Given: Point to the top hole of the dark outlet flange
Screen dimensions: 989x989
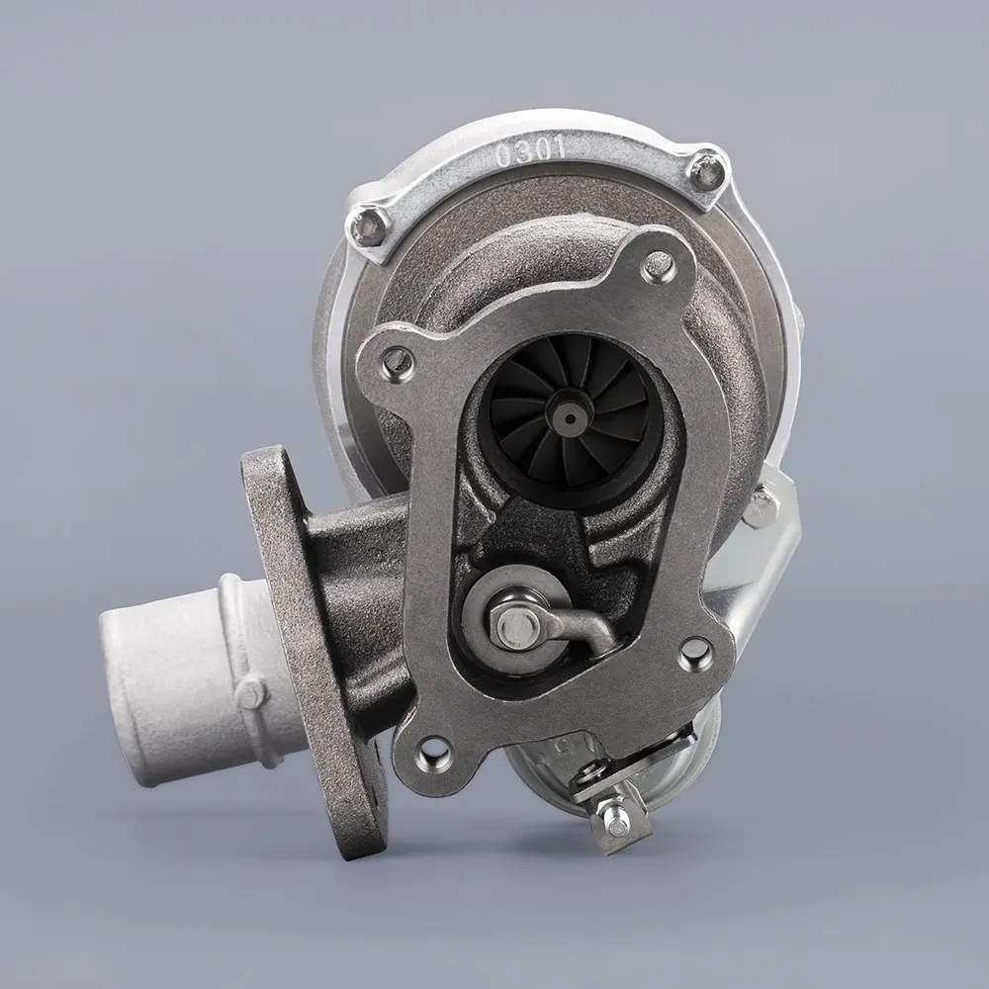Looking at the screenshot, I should [x=656, y=264].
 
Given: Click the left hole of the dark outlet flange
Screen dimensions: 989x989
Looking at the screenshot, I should [x=395, y=360].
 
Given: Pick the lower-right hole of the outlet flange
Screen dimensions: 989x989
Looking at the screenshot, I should [x=695, y=651].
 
